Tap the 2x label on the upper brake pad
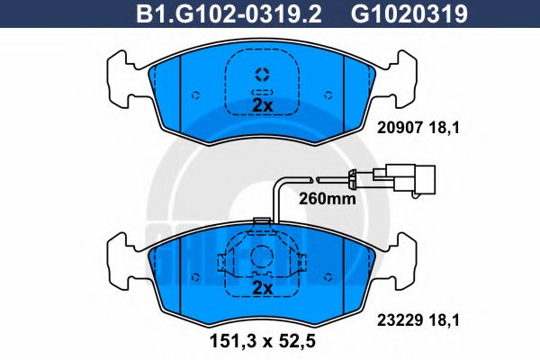pyautogui.click(x=261, y=105)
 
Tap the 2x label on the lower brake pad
pyautogui.click(x=261, y=288)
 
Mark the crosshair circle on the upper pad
pyautogui.click(x=262, y=74)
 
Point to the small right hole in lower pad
pyautogui.click(x=328, y=274)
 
